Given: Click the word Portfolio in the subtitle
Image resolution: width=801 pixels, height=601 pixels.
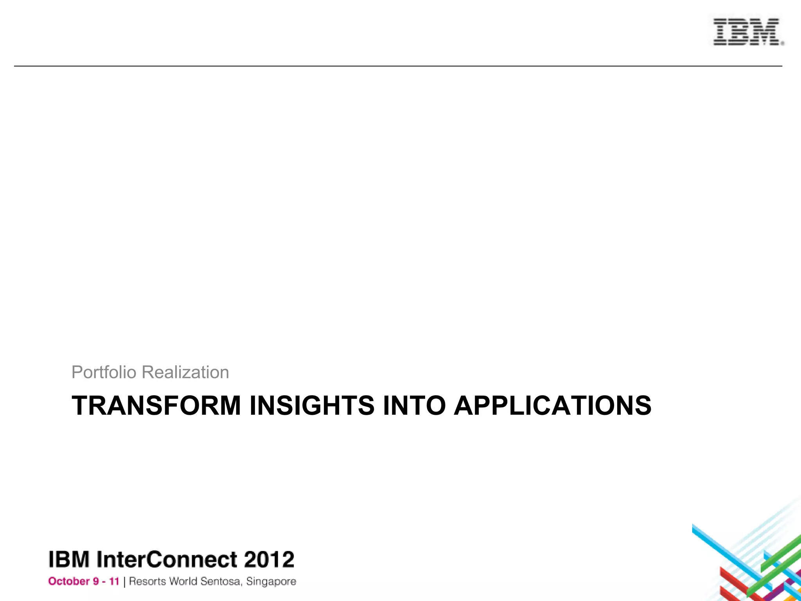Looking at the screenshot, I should pyautogui.click(x=104, y=372).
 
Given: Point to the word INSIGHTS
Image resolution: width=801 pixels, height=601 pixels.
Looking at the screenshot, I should pyautogui.click(x=312, y=405).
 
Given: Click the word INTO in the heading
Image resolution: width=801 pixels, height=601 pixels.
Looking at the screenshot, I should pyautogui.click(x=414, y=405).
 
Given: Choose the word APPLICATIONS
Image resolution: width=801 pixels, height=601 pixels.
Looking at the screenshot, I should pyautogui.click(x=553, y=405).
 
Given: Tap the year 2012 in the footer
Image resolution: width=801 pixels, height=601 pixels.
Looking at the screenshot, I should pyautogui.click(x=269, y=559).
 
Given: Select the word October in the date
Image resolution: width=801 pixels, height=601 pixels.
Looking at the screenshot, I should pyautogui.click(x=68, y=581).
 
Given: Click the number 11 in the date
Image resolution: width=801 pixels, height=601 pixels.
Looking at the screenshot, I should pyautogui.click(x=114, y=581).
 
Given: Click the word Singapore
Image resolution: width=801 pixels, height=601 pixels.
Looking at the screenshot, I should pyautogui.click(x=271, y=582).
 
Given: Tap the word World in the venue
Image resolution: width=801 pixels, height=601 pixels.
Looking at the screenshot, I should pyautogui.click(x=183, y=581).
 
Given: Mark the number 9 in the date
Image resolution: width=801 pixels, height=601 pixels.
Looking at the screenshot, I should pyautogui.click(x=96, y=581).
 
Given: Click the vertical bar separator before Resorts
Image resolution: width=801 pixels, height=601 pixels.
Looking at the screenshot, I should pyautogui.click(x=124, y=582).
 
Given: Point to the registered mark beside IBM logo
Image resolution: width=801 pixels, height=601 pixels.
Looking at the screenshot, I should pyautogui.click(x=782, y=44).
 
